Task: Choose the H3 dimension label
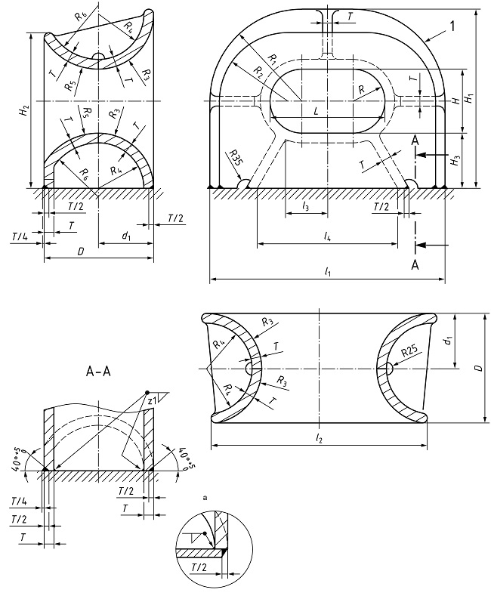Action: click(x=452, y=161)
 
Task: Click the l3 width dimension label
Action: click(x=305, y=206)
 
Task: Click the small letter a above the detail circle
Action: click(x=205, y=499)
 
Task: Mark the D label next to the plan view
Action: click(x=476, y=369)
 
